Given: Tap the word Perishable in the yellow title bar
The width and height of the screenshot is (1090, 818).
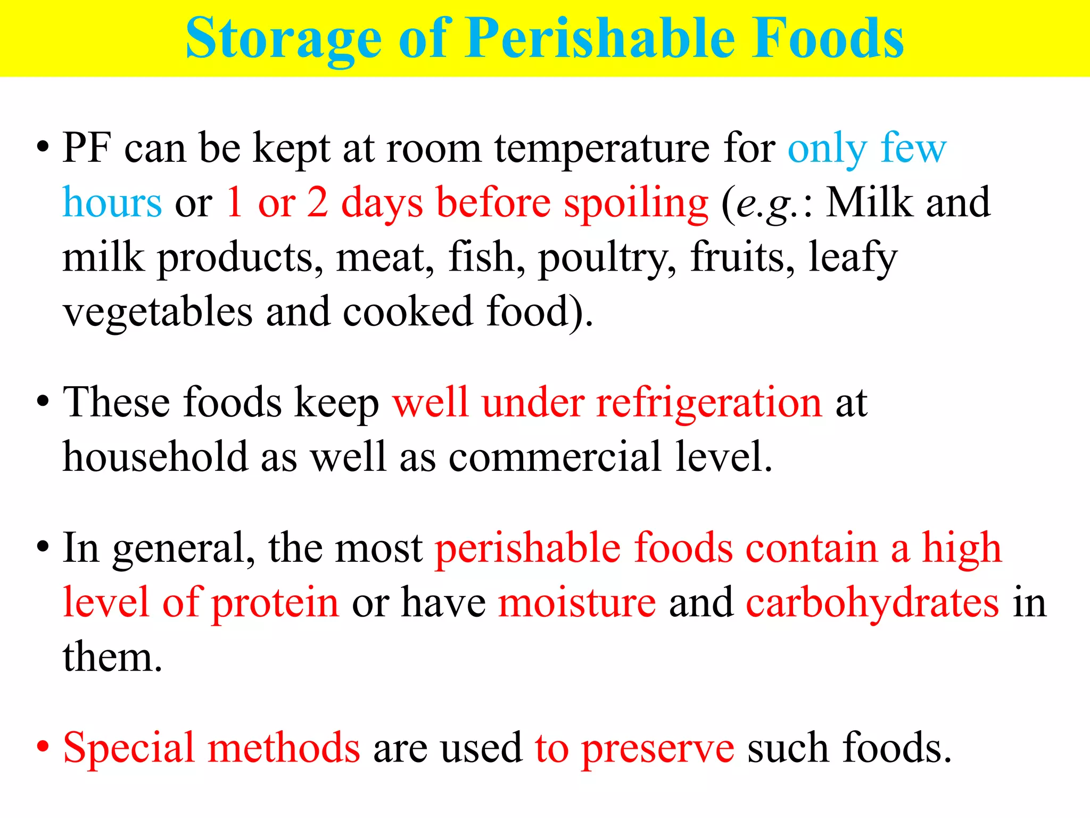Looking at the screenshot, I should [599, 38].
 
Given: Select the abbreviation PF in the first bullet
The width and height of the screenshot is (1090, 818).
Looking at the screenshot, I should [87, 148].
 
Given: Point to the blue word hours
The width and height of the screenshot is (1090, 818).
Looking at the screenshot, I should [112, 203].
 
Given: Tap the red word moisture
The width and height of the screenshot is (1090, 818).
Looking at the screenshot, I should [577, 602].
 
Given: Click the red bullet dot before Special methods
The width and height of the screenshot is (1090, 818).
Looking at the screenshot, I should [43, 747].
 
